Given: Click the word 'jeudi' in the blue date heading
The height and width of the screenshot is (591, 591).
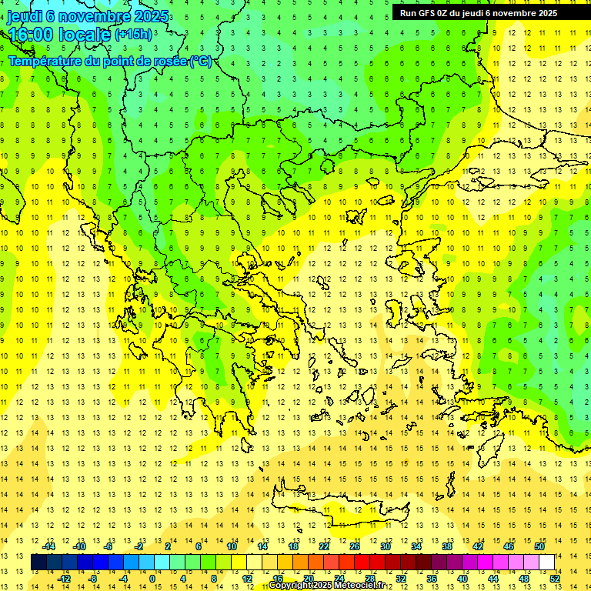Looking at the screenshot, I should (x=25, y=16).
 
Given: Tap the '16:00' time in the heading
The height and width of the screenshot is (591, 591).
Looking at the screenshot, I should (x=31, y=35).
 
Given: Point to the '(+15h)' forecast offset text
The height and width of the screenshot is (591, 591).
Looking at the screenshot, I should (x=133, y=35).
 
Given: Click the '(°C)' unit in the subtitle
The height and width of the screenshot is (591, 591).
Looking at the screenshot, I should (x=201, y=61).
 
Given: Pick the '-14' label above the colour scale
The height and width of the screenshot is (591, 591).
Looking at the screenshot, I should (x=50, y=547).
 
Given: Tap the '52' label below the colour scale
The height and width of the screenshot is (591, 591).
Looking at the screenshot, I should (x=555, y=578).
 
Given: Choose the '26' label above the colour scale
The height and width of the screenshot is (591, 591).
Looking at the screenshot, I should (x=355, y=547).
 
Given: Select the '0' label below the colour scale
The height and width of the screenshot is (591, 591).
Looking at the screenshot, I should (x=152, y=578).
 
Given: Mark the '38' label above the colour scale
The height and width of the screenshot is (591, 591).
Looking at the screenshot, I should (x=446, y=547).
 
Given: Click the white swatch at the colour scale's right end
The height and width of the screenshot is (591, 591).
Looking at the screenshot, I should (x=546, y=563).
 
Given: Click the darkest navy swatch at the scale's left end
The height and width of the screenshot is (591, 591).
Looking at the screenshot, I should (x=38, y=563).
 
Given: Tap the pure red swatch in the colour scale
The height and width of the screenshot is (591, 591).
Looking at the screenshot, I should (x=362, y=563).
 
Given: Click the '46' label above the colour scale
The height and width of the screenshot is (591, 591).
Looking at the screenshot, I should (x=508, y=547).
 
